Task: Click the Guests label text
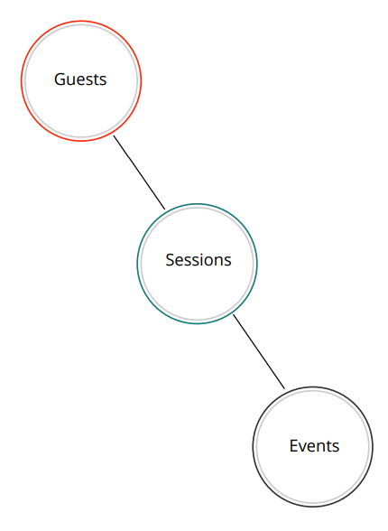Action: [x=80, y=79]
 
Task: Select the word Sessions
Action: [x=199, y=260]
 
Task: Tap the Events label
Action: [x=314, y=446]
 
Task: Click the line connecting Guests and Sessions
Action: [x=139, y=172]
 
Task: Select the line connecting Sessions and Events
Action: [x=259, y=351]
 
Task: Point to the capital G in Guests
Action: [x=60, y=79]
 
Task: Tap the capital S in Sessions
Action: [x=170, y=260]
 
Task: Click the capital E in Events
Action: [x=293, y=446]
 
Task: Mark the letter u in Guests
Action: [x=72, y=81]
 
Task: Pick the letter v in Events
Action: [x=304, y=447]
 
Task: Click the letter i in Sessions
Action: [x=202, y=260]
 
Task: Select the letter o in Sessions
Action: [x=210, y=262]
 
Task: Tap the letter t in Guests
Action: [x=96, y=80]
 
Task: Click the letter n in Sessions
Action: [x=223, y=262]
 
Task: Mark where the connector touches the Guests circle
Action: [x=114, y=136]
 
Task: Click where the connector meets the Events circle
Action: [x=284, y=388]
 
